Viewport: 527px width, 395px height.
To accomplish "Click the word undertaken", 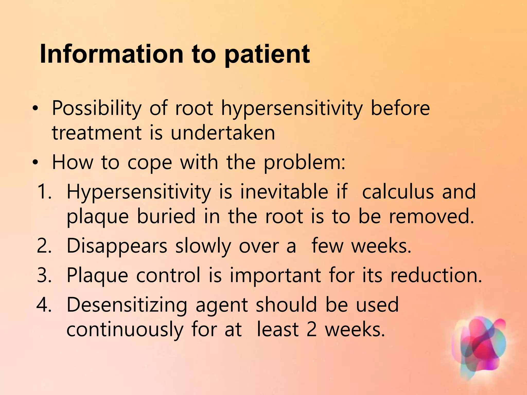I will tap(223, 133).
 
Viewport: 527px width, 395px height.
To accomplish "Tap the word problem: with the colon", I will tap(304, 163).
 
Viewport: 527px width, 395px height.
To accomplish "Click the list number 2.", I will tap(44, 246).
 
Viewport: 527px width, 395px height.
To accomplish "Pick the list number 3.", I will tap(44, 275).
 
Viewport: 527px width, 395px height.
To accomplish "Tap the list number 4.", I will tap(44, 305).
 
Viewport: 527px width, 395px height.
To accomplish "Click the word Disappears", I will tap(117, 246).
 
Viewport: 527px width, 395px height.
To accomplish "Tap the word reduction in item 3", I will tap(436, 275).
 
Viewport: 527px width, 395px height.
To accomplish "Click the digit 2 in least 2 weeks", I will tap(311, 329).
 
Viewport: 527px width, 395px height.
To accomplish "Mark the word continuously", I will tap(125, 330).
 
